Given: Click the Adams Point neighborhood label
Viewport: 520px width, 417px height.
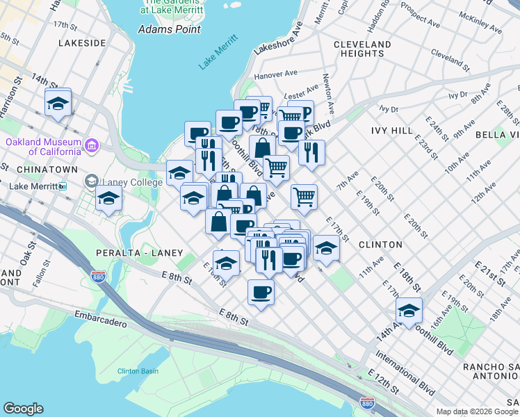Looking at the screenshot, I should (170, 29).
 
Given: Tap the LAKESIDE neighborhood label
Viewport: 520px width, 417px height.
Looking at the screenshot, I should (83, 43).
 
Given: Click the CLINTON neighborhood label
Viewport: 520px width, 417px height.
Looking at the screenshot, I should (380, 245).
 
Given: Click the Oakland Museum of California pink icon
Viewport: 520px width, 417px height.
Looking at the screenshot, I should (92, 146).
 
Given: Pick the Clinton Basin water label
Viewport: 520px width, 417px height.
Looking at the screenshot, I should (138, 370).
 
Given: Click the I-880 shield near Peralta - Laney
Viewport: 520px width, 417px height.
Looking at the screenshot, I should (98, 277).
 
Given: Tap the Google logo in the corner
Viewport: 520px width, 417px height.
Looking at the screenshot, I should (24, 409).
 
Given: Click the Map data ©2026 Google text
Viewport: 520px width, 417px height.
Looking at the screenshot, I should (476, 411).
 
